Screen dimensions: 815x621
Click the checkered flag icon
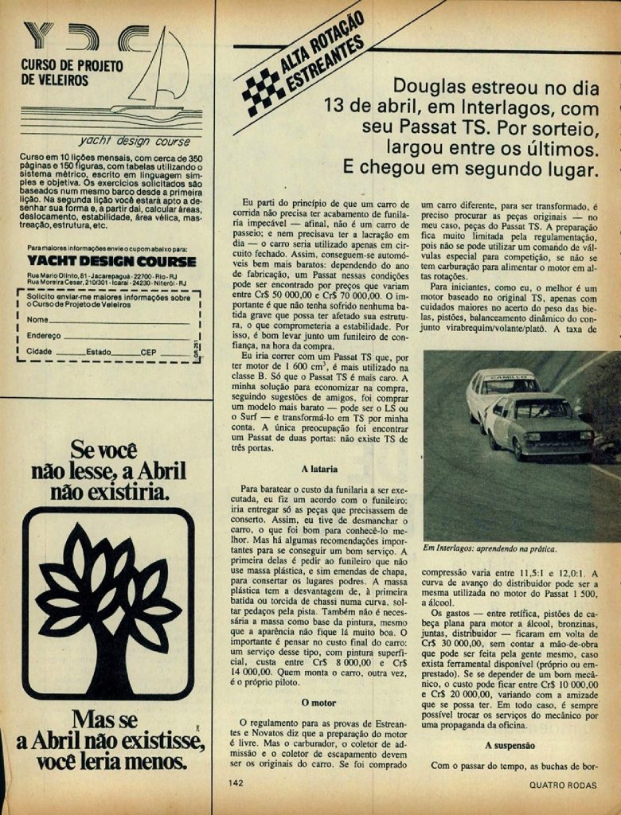pyautogui.click(x=264, y=92)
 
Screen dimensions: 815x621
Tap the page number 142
pyautogui.click(x=235, y=782)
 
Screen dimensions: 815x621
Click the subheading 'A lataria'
pyautogui.click(x=319, y=469)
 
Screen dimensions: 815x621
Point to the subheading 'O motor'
pyautogui.click(x=319, y=703)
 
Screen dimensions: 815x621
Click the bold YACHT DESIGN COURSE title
pyautogui.click(x=111, y=261)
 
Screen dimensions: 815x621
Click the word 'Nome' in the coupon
pyautogui.click(x=38, y=319)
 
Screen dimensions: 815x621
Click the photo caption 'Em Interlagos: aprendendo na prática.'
pyautogui.click(x=490, y=548)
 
